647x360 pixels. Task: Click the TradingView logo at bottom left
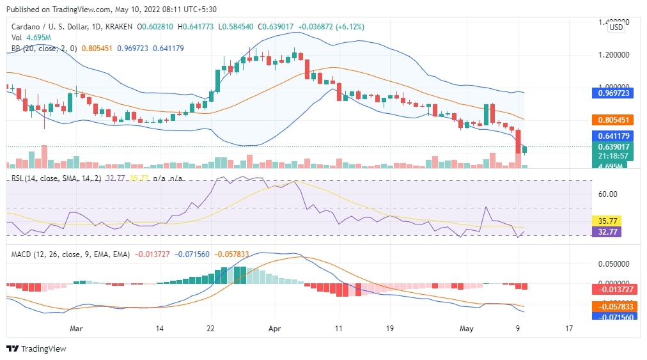36,348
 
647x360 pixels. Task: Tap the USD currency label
616,27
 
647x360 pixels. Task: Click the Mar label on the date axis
76,328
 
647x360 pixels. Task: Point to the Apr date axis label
275,328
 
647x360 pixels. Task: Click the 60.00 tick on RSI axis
607,194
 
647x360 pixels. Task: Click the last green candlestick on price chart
525,150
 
